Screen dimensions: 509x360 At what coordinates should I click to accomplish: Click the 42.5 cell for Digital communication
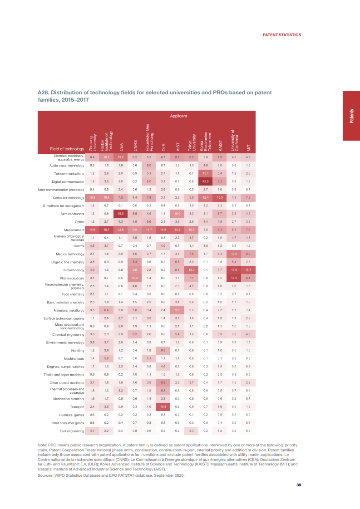205,181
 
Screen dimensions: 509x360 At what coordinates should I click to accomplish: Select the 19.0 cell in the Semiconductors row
121,214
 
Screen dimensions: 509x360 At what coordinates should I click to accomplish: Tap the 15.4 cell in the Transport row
163,407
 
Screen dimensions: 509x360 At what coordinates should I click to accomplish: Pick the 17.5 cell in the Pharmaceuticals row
234,278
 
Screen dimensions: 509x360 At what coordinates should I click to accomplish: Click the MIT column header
248,147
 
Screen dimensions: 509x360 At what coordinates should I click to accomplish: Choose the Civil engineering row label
72,431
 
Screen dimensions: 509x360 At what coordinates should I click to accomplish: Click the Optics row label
79,222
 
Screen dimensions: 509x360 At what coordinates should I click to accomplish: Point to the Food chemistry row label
73,294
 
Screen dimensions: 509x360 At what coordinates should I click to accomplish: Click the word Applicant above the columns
178,116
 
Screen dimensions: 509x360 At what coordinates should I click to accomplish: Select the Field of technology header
67,149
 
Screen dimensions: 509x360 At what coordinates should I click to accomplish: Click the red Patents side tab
351,116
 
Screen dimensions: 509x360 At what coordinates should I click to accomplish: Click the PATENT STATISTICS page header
282,35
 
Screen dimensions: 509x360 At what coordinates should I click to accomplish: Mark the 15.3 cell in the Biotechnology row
248,270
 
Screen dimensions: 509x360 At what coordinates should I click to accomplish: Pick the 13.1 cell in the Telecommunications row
205,173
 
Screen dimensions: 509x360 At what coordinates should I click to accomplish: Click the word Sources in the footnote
45,475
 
